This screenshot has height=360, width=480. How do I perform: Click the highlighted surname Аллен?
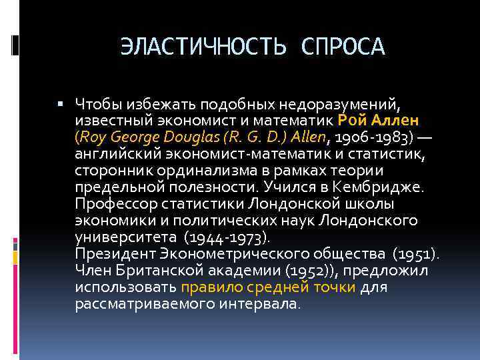pos(395,121)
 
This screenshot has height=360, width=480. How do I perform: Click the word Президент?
pos(115,254)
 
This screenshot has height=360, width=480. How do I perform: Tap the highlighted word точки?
pos(337,287)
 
